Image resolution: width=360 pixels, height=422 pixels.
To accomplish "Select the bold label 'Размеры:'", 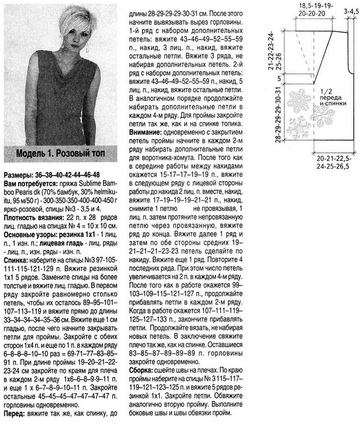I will click(x=20, y=175).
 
